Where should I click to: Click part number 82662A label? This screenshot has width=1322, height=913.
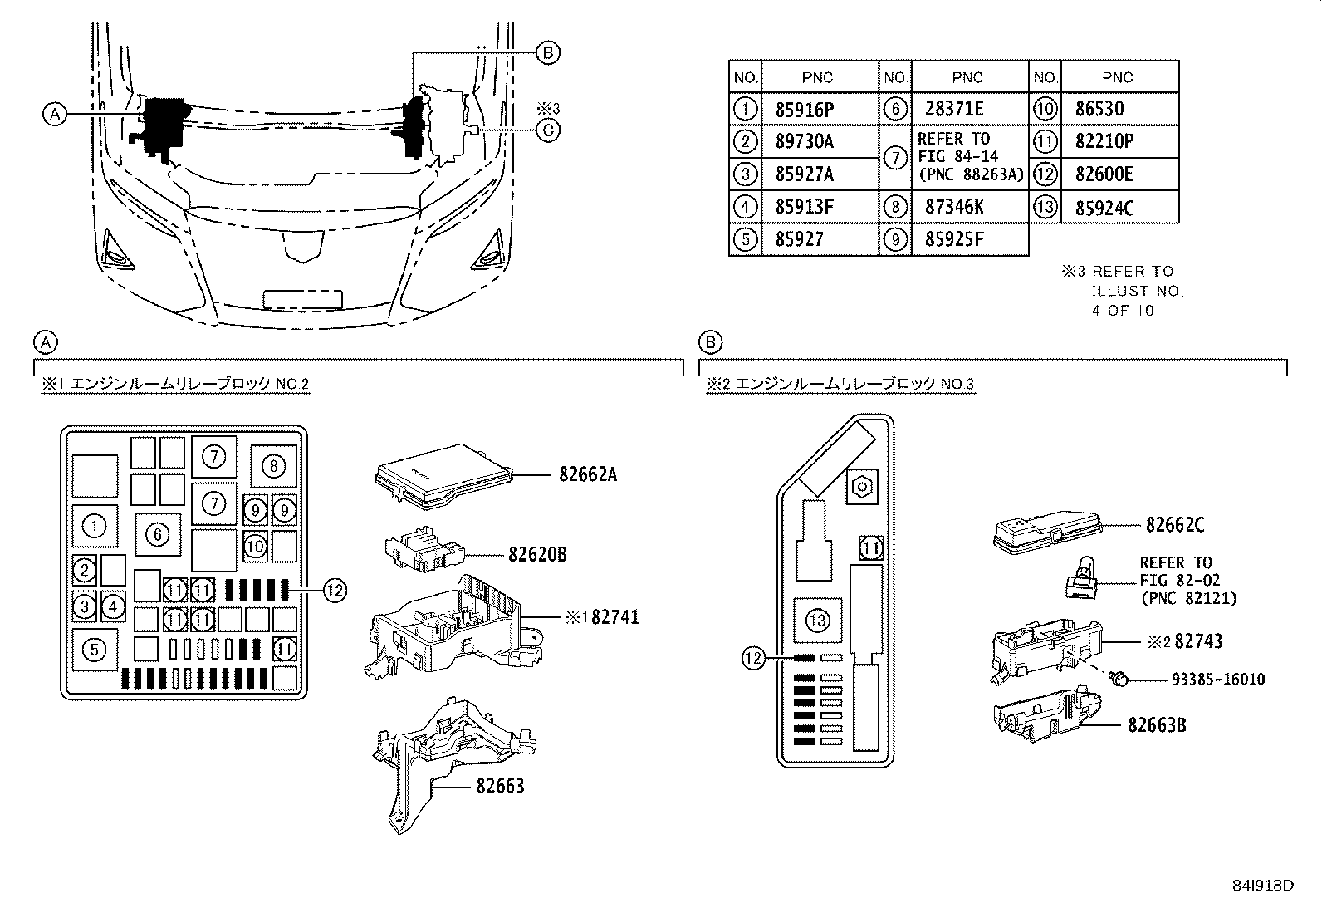(x=587, y=475)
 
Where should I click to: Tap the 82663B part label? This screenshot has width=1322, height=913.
(x=1156, y=725)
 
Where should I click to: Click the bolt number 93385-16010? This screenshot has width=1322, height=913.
(x=1217, y=680)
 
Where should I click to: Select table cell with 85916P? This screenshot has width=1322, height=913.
(x=804, y=109)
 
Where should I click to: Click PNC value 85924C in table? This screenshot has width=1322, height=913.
(x=1104, y=208)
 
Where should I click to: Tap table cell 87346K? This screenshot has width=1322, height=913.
(x=954, y=207)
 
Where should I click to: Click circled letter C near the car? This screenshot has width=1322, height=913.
(x=548, y=130)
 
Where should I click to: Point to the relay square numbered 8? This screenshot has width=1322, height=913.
(x=274, y=466)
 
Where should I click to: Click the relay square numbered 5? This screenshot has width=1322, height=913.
(x=95, y=649)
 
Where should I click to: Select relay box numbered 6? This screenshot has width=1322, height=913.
(x=158, y=535)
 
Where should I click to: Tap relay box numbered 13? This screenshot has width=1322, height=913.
(x=817, y=621)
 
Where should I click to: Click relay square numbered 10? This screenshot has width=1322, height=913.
(x=256, y=546)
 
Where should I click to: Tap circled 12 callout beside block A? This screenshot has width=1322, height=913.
(x=334, y=591)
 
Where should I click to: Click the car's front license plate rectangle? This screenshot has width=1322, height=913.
(x=302, y=299)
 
